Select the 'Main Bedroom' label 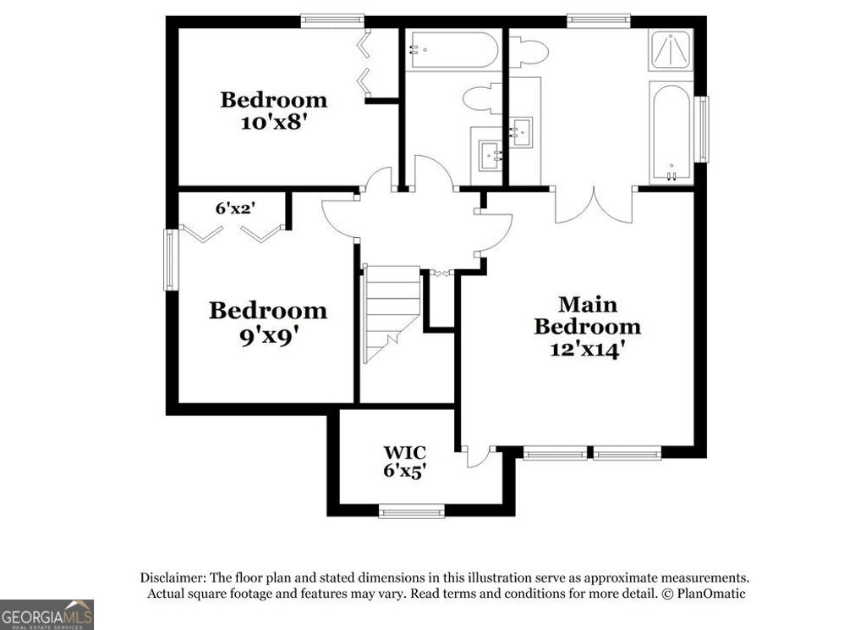tap(587, 315)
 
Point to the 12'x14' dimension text tap(587, 349)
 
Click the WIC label tap(403, 453)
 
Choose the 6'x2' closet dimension tap(235, 207)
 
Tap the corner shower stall tap(671, 51)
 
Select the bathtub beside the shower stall tap(671, 132)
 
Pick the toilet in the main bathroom tap(528, 52)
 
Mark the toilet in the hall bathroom tap(483, 98)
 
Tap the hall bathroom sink tap(488, 156)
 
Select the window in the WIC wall tap(412, 511)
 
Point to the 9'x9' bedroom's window tap(172, 259)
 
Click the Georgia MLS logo tap(47, 614)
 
